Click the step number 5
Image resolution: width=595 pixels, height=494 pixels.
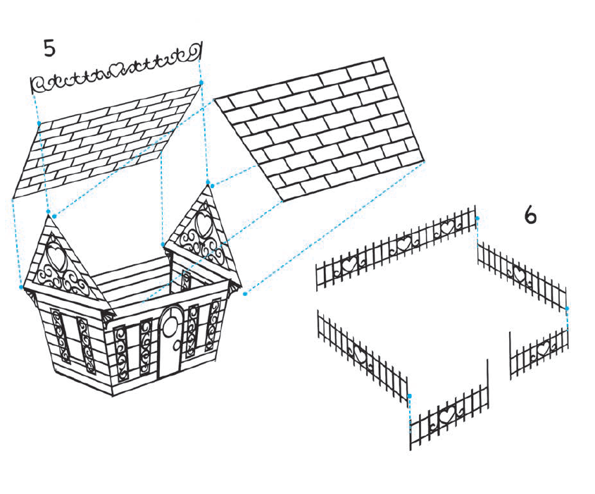pos(50,48)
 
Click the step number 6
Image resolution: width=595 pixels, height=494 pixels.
pos(530,216)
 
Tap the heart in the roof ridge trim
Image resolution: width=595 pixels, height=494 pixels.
pos(116,69)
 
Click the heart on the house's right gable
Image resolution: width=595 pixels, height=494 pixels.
pos(204,223)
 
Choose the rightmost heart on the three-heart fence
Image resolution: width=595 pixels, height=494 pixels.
pos(447,228)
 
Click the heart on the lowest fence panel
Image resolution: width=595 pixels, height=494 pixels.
pos(447,415)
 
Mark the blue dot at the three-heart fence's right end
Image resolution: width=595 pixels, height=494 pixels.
pos(477,218)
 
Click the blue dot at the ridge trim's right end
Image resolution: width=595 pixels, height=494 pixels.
pos(201,82)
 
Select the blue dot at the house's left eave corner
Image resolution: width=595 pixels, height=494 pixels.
pos(21,288)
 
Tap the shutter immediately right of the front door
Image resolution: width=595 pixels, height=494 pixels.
pos(192,331)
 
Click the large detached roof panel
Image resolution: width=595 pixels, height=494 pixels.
pos(319,129)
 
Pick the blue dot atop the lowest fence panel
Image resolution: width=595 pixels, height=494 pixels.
pos(409,396)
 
